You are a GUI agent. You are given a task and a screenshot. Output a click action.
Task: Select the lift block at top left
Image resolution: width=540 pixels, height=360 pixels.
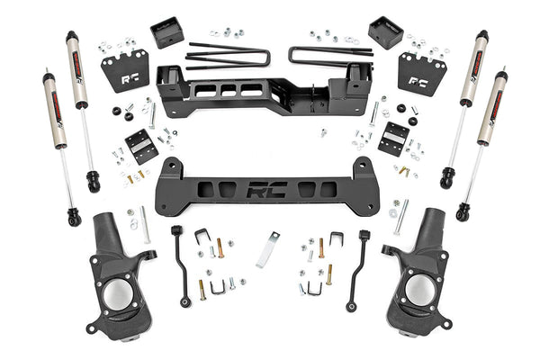tap(167, 33)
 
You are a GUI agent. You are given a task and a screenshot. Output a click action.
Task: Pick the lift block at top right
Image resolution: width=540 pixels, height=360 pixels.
tap(384, 33)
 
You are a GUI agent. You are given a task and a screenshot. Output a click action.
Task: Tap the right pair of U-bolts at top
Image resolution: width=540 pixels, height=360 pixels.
tap(329, 56)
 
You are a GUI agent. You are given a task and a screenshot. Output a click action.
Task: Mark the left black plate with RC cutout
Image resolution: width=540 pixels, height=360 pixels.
tap(125, 70)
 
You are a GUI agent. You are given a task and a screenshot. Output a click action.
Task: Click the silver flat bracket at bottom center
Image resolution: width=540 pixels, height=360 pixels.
tap(267, 249)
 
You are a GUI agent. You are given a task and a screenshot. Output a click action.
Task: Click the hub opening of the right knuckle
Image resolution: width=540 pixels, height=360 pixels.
tap(418, 291)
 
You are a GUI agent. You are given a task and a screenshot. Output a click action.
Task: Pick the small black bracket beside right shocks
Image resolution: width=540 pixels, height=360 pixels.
tap(393, 139)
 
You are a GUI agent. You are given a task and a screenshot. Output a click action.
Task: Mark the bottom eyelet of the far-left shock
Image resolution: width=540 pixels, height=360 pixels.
tap(73, 218)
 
